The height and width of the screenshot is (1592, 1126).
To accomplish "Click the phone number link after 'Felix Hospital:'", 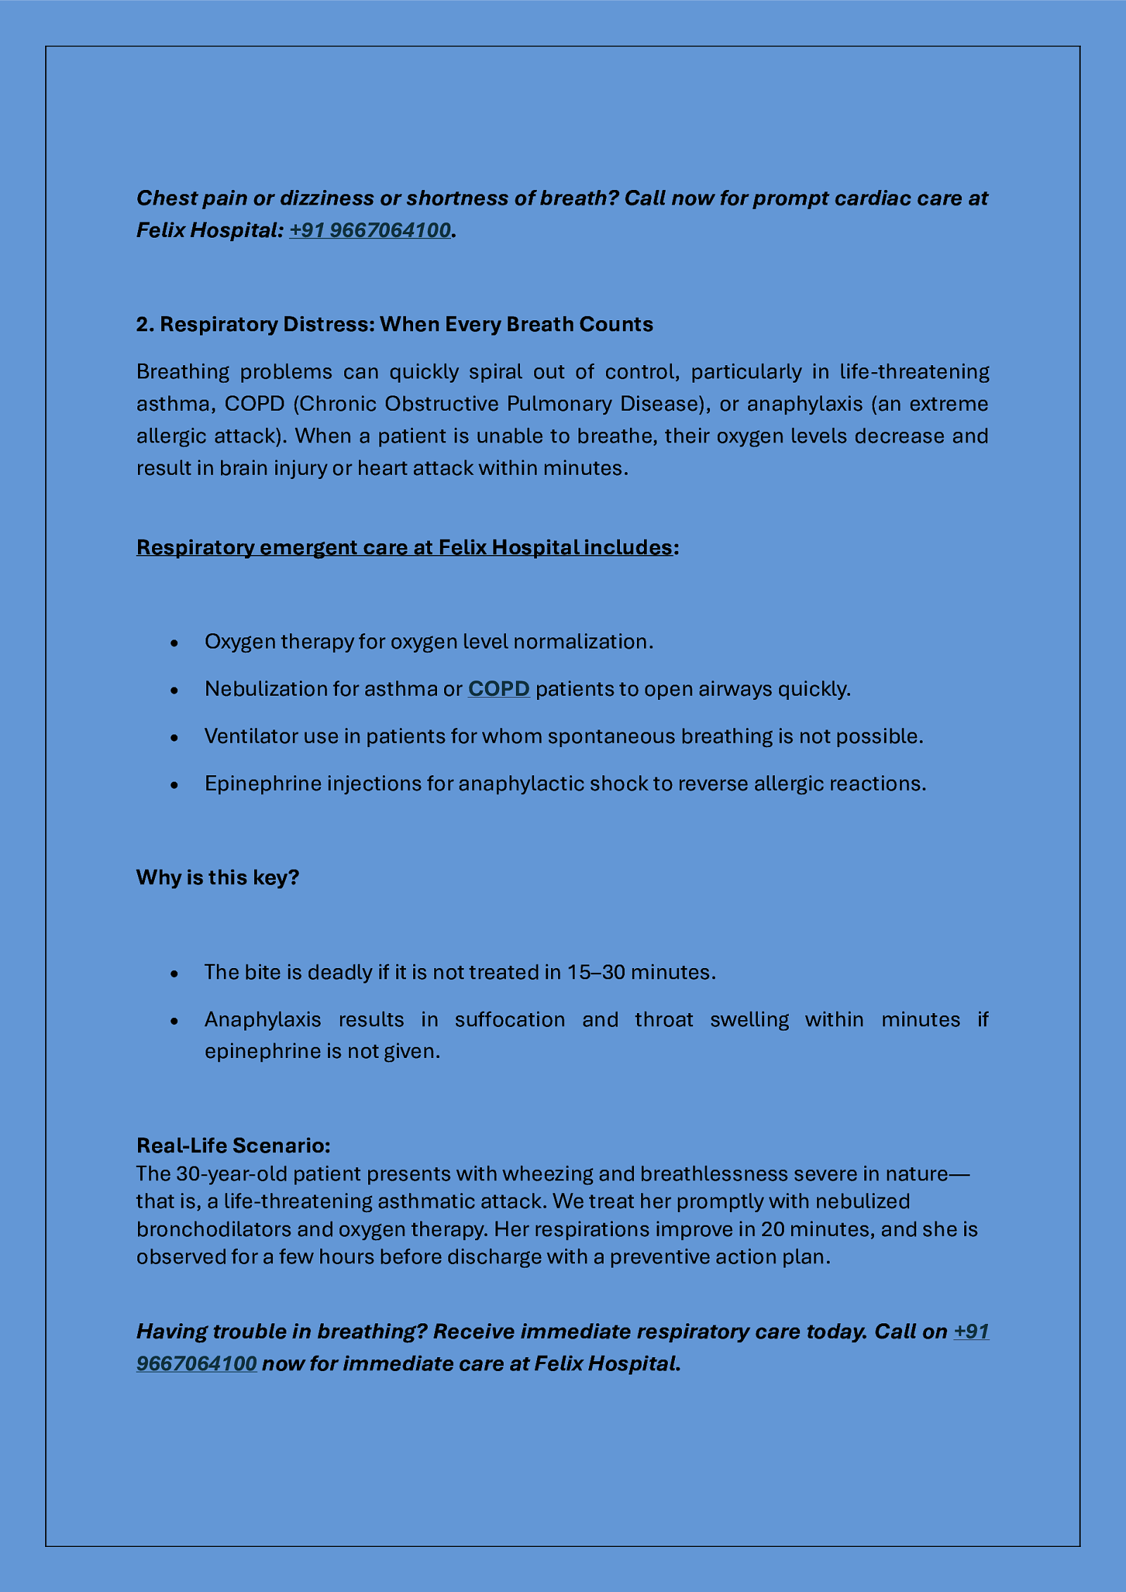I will tap(369, 230).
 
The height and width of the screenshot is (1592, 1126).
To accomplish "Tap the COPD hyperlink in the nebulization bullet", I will tap(498, 688).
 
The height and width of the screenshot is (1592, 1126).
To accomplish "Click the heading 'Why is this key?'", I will tap(217, 877).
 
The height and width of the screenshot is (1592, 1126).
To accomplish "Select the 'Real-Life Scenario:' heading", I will tap(233, 1145).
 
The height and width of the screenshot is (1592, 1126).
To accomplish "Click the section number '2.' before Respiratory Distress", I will tap(145, 324).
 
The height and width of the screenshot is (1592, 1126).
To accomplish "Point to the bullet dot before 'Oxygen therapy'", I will tap(175, 643).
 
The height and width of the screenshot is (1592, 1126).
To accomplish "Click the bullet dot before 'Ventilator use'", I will tap(175, 737).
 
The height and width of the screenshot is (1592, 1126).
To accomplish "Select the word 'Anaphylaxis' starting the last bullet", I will tap(262, 1019).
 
